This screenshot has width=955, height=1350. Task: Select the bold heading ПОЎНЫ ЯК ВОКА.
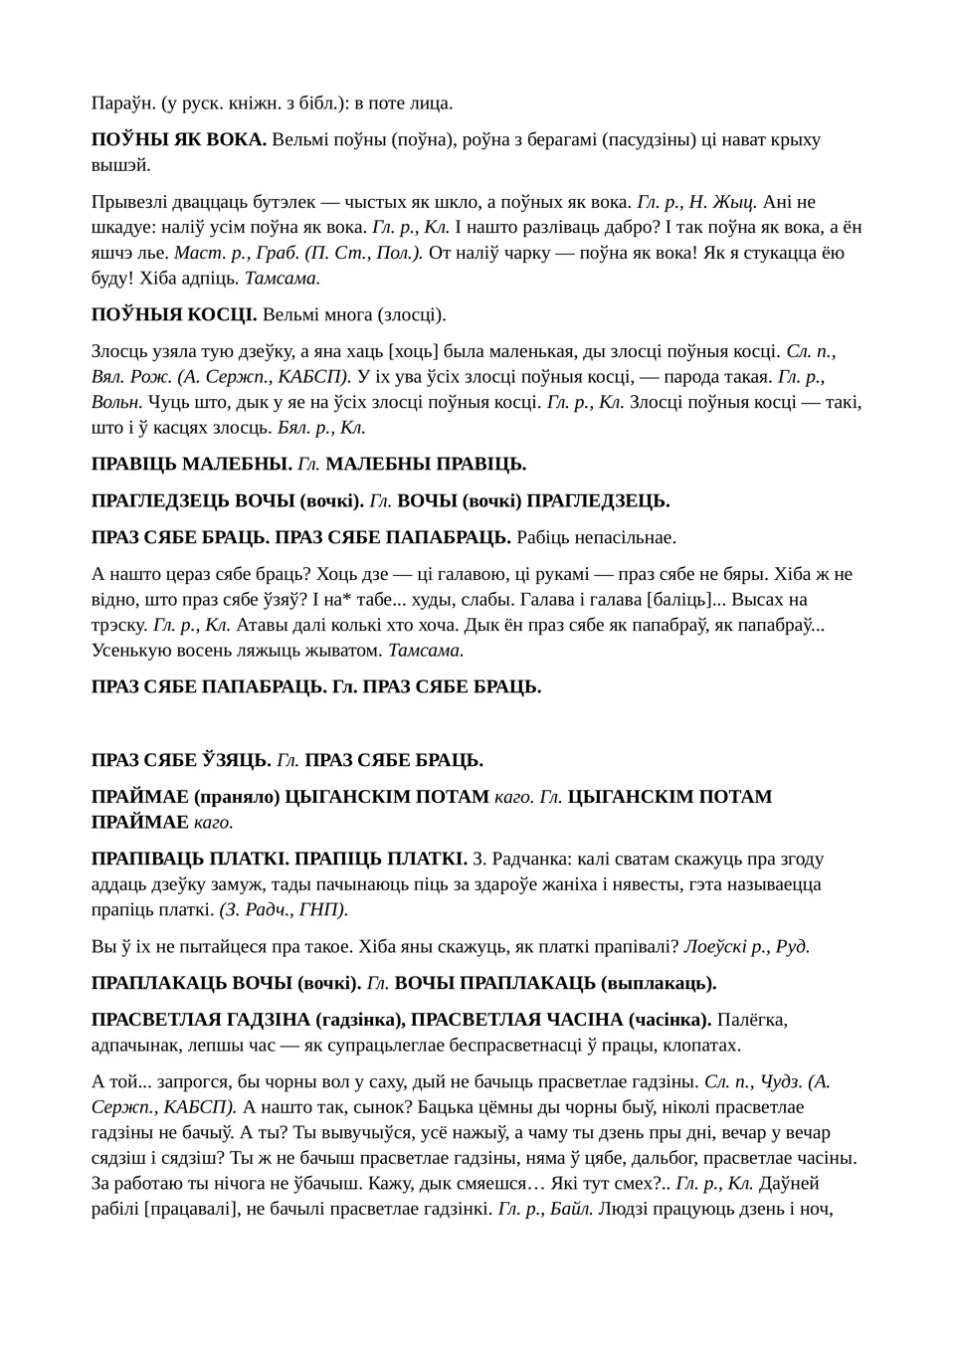coord(179,139)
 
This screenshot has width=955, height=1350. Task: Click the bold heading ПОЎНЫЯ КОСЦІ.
coord(174,315)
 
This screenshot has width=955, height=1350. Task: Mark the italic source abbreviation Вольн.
coord(117,402)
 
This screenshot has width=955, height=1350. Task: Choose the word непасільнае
coord(623,537)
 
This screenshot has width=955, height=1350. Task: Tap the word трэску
coord(119,625)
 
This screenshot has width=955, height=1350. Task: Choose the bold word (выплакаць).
coord(659,983)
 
